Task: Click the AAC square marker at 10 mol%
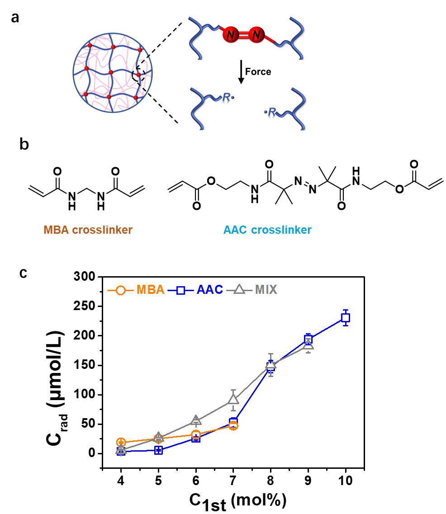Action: tap(345, 318)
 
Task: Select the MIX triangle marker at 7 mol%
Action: tap(233, 399)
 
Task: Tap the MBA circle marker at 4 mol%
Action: tap(121, 442)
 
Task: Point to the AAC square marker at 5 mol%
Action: tap(158, 450)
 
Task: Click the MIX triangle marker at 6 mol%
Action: tap(196, 420)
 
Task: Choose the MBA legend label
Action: tap(151, 290)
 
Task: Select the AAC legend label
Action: tap(210, 290)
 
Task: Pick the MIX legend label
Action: tap(266, 290)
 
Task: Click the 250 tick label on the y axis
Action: tap(84, 306)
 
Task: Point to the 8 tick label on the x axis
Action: tap(270, 481)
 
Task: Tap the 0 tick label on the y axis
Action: tap(91, 453)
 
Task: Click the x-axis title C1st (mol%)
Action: tap(238, 501)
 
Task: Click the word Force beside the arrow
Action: tap(258, 72)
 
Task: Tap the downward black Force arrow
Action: tap(241, 72)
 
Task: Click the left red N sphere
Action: tap(231, 34)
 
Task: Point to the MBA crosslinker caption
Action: tap(88, 230)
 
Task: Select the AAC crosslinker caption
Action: tap(267, 230)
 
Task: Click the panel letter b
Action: tap(24, 144)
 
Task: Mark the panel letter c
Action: tap(23, 273)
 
